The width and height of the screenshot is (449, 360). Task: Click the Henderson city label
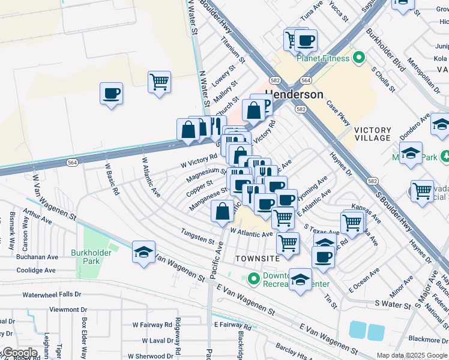294,95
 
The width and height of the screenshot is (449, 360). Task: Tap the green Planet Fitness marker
359,58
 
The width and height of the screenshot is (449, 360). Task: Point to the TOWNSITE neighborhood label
258,258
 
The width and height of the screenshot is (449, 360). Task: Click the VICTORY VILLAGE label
372,134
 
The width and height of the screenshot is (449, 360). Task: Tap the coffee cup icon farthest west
112,94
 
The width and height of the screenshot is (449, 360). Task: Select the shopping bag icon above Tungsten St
223,211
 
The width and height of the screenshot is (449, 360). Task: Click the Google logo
20,353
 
